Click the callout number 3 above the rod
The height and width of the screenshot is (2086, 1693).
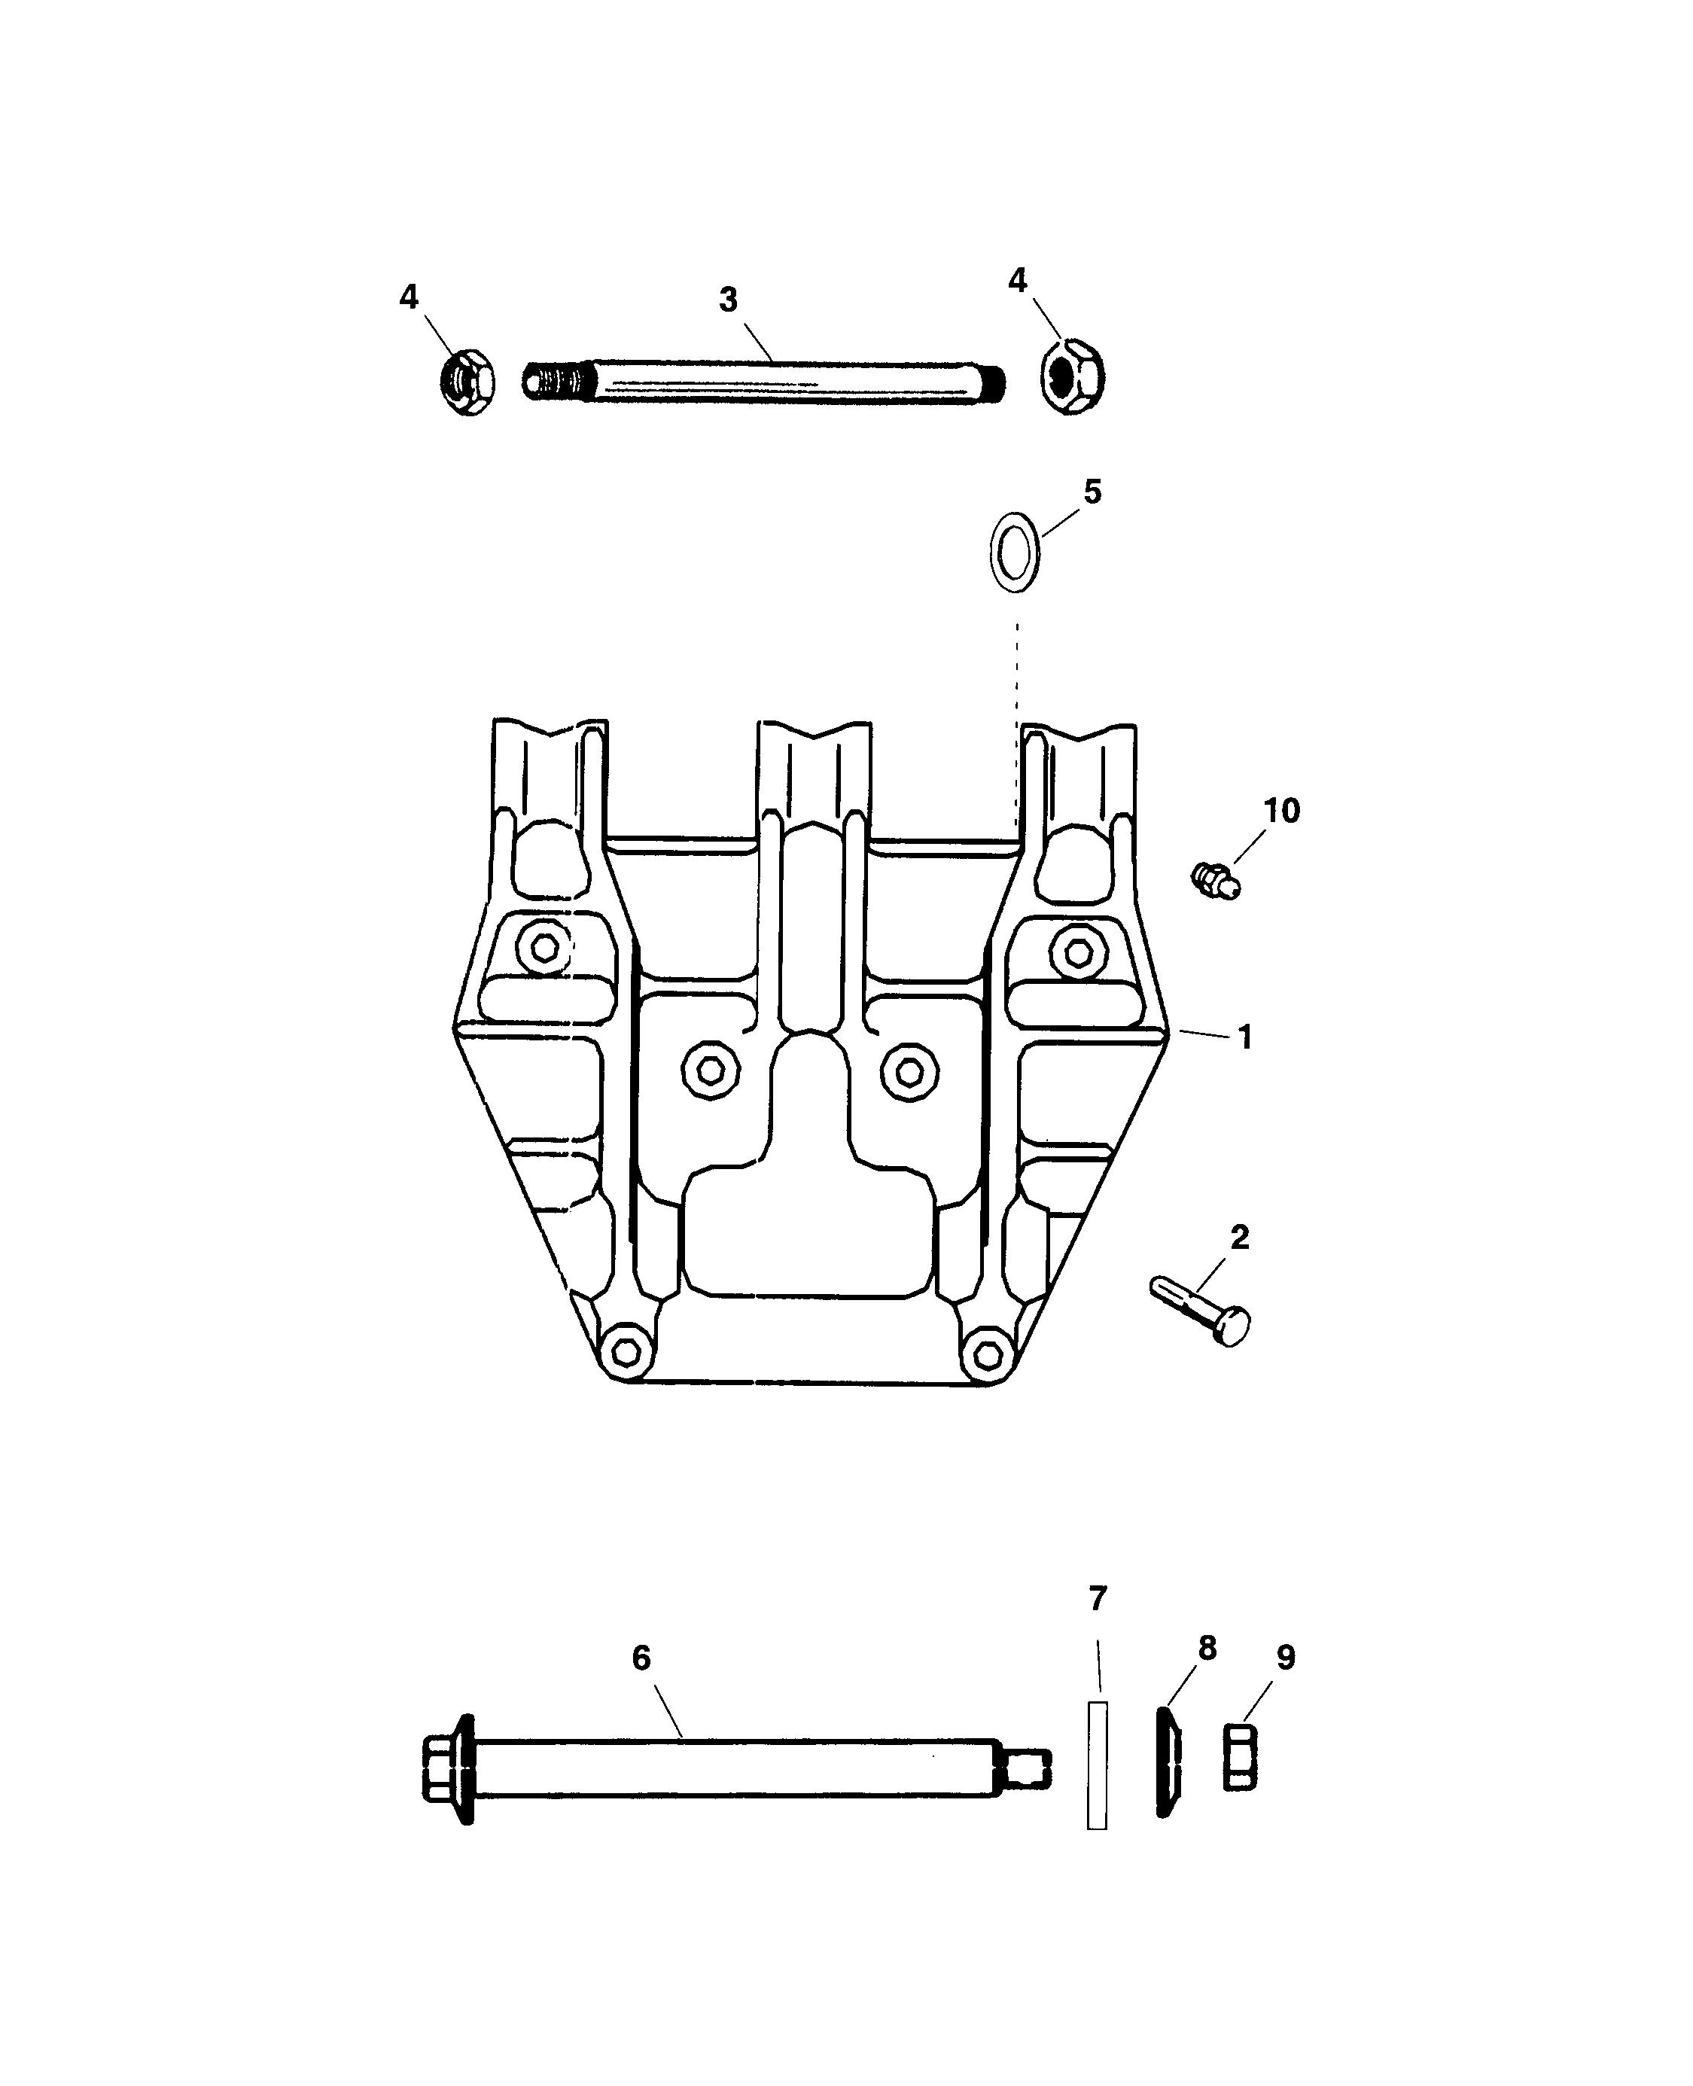[x=729, y=300]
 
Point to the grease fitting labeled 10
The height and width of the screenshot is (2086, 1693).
[x=1218, y=881]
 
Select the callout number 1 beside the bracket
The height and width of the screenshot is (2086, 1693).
[x=1245, y=1037]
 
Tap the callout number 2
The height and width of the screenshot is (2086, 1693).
[x=1240, y=1238]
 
